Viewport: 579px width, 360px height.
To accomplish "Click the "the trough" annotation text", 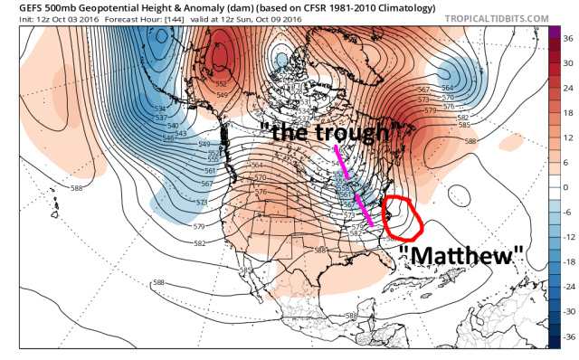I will click(323, 133).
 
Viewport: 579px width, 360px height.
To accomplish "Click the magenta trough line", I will click(353, 185).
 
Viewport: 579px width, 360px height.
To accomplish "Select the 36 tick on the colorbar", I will click(568, 39).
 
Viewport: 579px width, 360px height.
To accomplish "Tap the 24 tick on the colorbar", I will click(568, 88).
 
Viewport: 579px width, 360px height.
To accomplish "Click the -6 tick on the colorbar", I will click(568, 211).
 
